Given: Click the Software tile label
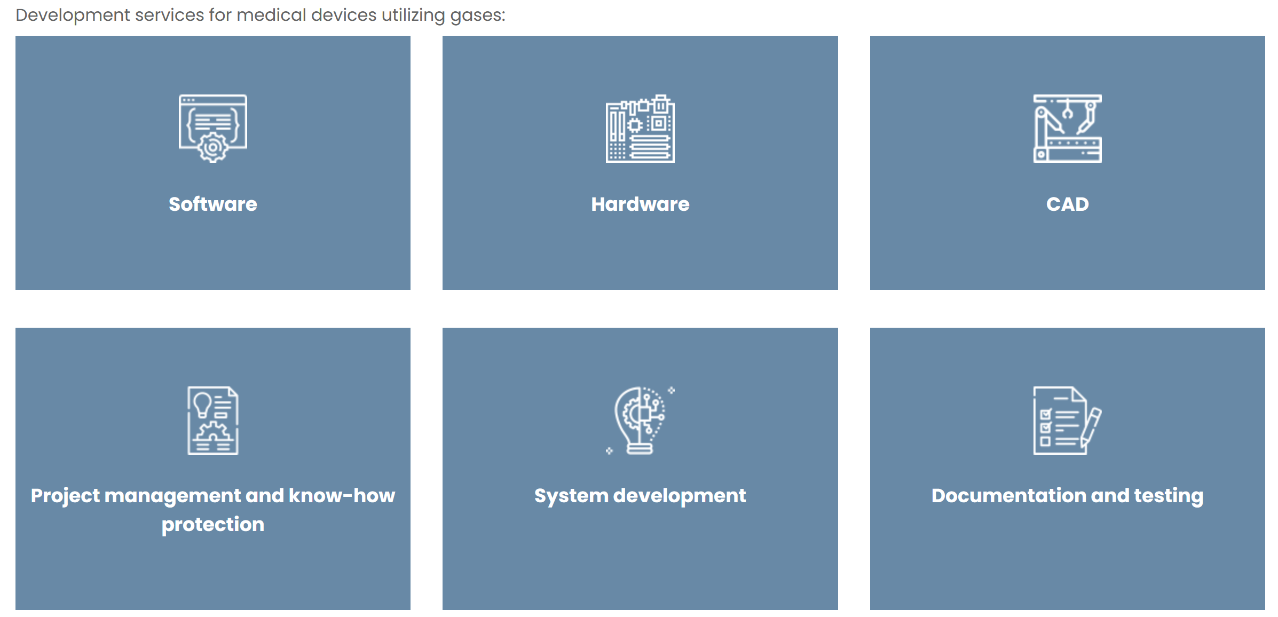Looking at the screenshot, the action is [x=212, y=204].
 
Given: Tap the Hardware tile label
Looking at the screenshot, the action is [x=640, y=204].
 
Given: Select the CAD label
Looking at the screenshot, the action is [x=1067, y=204].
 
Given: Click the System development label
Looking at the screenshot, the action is [x=640, y=496].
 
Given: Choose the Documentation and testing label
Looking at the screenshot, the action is [x=1067, y=496].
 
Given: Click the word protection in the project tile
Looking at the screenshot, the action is [x=212, y=525].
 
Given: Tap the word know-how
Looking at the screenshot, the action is [x=342, y=495].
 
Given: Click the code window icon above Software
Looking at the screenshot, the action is [x=212, y=128].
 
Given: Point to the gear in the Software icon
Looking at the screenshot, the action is [x=212, y=147].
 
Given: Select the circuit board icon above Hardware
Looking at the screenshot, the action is [x=640, y=128].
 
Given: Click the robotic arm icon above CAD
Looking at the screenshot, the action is [x=1067, y=128].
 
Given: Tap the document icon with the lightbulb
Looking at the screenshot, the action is [x=212, y=421].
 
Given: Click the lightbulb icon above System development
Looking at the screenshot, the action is [x=640, y=421].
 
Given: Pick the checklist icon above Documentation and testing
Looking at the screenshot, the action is [x=1067, y=421].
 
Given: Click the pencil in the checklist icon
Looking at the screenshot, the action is [x=1090, y=428].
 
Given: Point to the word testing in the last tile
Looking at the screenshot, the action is [x=1169, y=496].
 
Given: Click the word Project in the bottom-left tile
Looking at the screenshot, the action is [x=65, y=496].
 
